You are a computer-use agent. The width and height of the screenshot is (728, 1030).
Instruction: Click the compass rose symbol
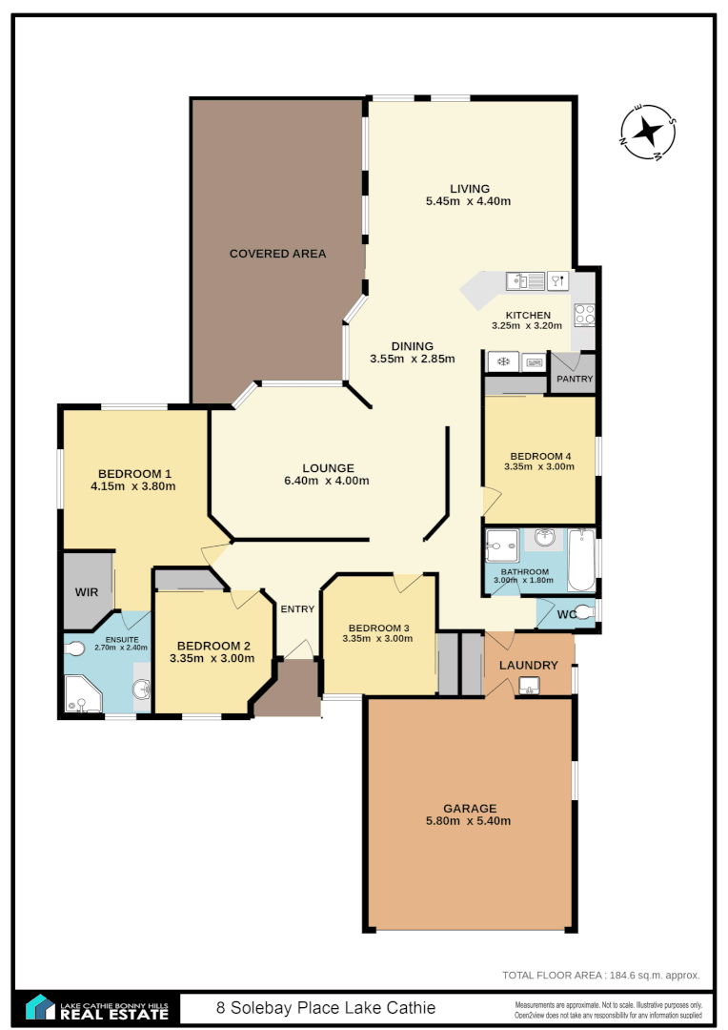pos(648,132)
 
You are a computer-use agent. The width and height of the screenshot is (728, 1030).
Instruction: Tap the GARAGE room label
pos(469,809)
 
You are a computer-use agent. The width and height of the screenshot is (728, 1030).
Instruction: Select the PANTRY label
pos(575,379)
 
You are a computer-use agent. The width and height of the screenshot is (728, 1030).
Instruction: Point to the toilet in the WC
pos(583,612)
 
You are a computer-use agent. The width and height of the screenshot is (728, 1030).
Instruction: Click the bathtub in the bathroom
pos(580,560)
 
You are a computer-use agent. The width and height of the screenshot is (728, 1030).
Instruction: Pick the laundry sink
pos(529,685)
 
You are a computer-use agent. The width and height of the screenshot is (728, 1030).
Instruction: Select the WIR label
pos(87,591)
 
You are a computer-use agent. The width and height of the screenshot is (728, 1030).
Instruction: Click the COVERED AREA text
pos(277,254)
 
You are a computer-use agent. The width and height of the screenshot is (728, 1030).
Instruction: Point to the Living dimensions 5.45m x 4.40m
pos(468,201)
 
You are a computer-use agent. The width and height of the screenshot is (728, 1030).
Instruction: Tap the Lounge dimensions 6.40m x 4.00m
pos(327,481)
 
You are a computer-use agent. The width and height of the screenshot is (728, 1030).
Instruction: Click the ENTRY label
pos(297,609)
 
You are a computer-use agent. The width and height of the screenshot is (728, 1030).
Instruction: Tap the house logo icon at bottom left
pos(39,1007)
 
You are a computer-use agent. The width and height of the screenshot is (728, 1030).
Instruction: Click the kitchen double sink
pos(525,280)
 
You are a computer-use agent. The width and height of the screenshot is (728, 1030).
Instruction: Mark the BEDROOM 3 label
pos(377,628)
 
